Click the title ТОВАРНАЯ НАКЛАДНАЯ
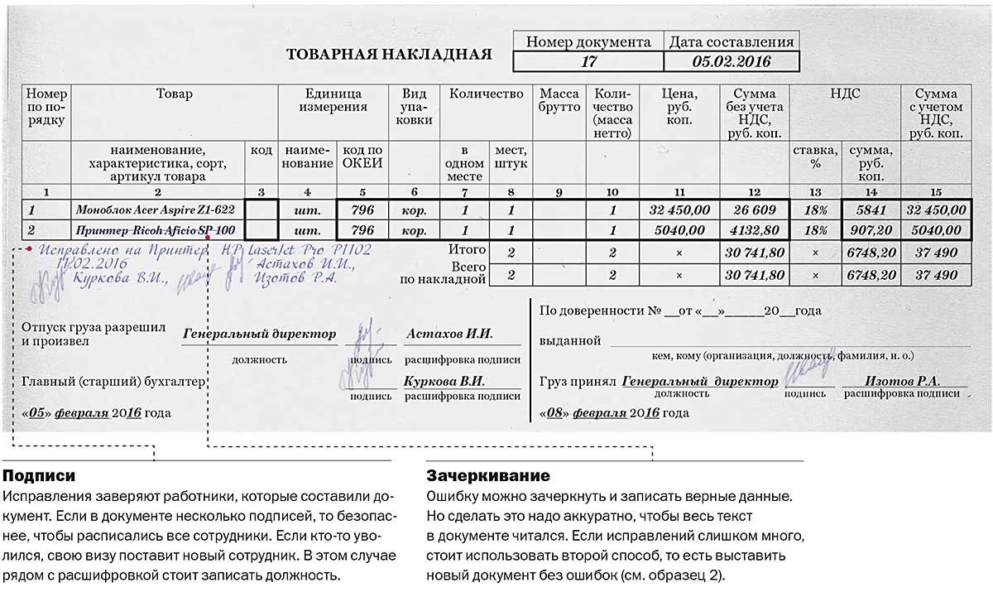[388, 55]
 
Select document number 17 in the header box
[588, 61]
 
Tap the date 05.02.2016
[731, 61]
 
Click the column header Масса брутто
[559, 100]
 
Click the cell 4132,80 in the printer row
[754, 230]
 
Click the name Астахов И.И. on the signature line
[449, 335]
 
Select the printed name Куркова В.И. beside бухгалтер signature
[444, 382]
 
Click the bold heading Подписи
[39, 477]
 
